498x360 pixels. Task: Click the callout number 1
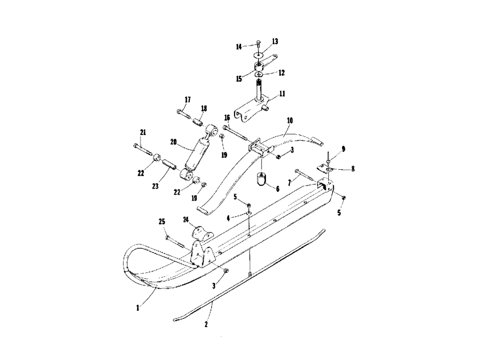pos(138,308)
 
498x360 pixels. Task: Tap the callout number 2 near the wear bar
pos(206,324)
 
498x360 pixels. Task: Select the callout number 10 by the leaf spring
pos(290,120)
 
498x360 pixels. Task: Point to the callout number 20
pos(173,142)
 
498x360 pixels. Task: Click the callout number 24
pos(186,220)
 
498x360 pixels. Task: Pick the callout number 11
pos(282,94)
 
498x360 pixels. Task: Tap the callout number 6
pos(277,189)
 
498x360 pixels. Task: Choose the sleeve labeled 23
pos(169,165)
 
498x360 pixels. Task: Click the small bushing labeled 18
pos(198,122)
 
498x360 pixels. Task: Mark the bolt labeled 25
pos(175,241)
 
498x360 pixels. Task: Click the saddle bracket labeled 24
pos(203,234)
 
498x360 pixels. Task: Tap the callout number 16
pos(227,118)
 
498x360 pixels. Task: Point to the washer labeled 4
pos(249,213)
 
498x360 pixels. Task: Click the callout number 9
pos(343,149)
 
